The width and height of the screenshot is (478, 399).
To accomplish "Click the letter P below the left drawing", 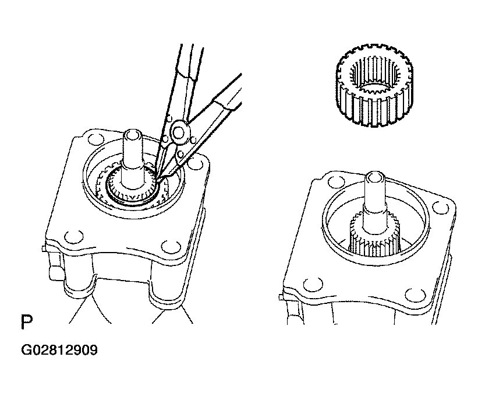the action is pyautogui.click(x=27, y=321).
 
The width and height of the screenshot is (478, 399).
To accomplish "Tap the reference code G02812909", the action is pyautogui.click(x=59, y=350).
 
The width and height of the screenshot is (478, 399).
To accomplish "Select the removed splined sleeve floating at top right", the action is pyautogui.click(x=374, y=85).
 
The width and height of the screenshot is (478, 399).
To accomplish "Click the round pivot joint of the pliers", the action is pyautogui.click(x=180, y=132).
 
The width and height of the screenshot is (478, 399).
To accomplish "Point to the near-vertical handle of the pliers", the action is pyautogui.click(x=180, y=92).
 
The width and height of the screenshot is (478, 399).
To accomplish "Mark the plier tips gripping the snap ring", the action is pyautogui.click(x=158, y=177).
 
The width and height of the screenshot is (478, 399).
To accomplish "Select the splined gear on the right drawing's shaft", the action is pyautogui.click(x=374, y=235).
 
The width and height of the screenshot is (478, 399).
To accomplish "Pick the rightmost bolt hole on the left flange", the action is pyautogui.click(x=196, y=163).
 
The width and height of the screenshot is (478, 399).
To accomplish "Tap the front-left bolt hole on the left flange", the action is pyautogui.click(x=74, y=237).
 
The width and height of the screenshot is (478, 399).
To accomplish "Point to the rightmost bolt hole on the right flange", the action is pyautogui.click(x=441, y=208).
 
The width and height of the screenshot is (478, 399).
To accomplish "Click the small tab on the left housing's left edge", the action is pyautogui.click(x=44, y=249).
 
